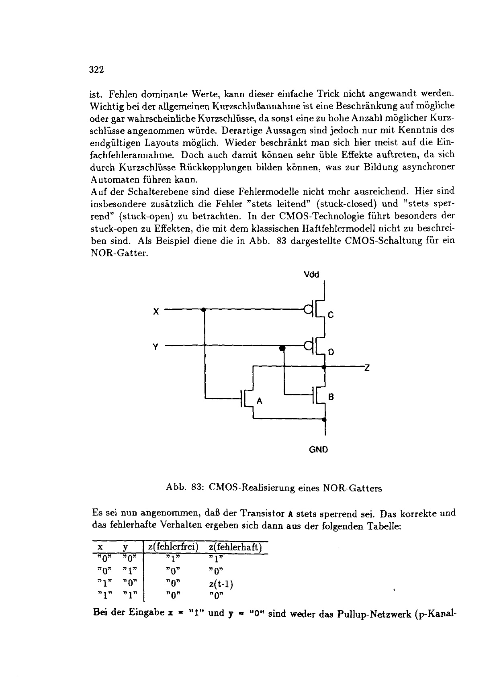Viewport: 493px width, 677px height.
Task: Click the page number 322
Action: (x=96, y=70)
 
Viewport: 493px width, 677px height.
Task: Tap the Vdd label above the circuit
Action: (x=311, y=275)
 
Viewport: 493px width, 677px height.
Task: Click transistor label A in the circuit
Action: (x=259, y=401)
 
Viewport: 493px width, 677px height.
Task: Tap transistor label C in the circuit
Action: (x=331, y=315)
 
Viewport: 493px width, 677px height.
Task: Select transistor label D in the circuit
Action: (x=331, y=352)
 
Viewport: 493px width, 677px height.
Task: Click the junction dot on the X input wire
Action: (x=204, y=310)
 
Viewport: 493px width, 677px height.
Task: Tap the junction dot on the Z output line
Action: (x=324, y=366)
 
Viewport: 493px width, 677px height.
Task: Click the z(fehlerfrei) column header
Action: (x=174, y=547)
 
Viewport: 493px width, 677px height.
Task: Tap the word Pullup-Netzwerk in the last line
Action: (x=369, y=613)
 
